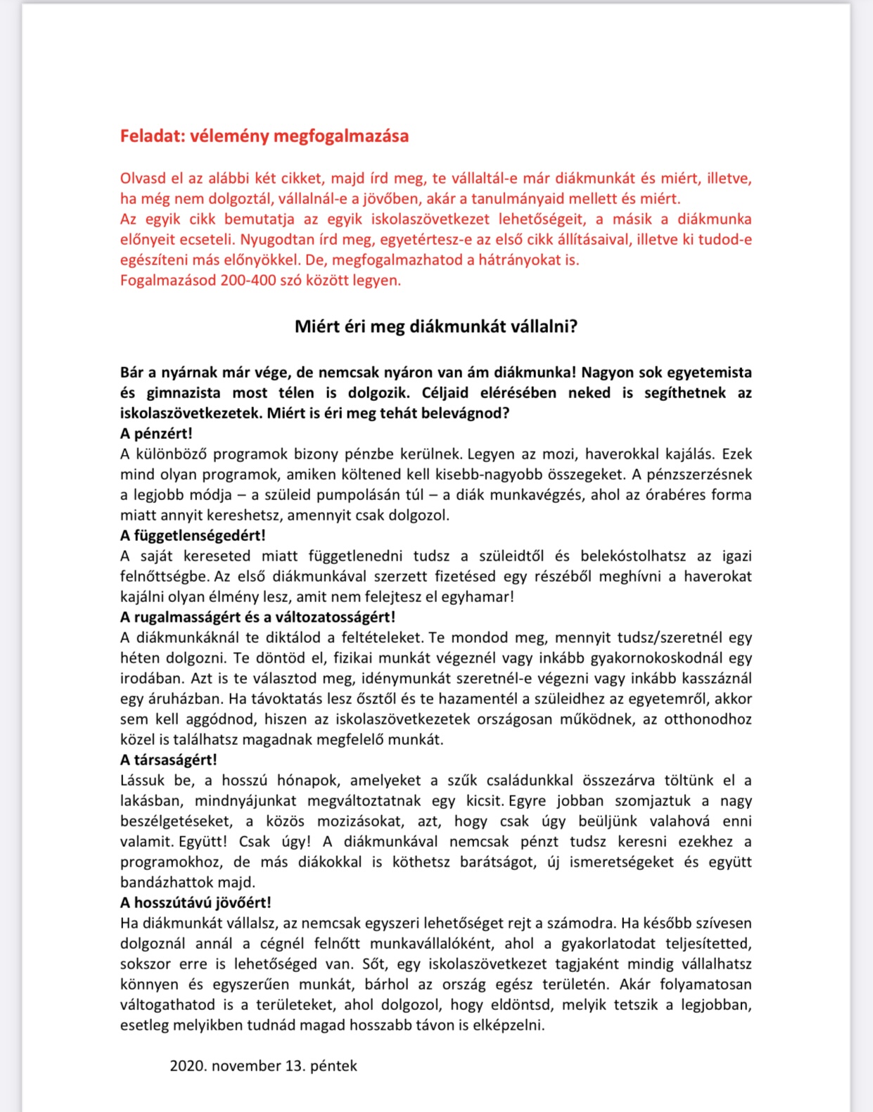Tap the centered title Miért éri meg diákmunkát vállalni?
pos(436,327)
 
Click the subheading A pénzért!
pos(156,434)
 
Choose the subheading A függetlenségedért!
pos(193,536)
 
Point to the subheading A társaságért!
pos(169,760)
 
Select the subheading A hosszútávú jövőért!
pos(196,903)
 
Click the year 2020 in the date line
pos(188,1066)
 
